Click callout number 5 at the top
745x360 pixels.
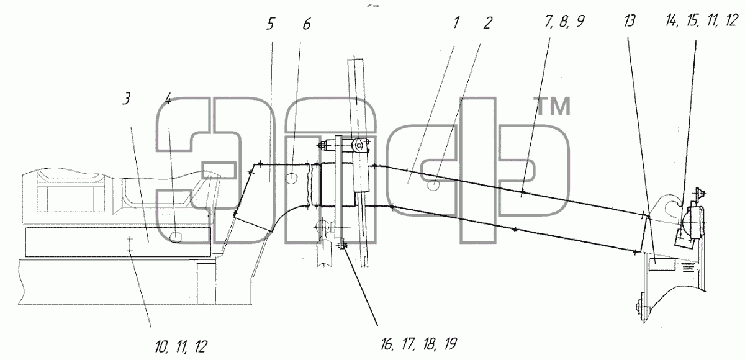(x=270, y=24)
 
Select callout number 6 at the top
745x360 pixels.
(x=307, y=24)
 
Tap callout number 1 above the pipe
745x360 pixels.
(x=456, y=22)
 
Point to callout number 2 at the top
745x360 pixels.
(x=487, y=23)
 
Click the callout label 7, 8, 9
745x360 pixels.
(x=564, y=21)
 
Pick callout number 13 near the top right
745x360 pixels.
(x=630, y=21)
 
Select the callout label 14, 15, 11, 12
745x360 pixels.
(x=702, y=20)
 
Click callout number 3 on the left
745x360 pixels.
(x=127, y=99)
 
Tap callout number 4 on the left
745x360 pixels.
(x=168, y=99)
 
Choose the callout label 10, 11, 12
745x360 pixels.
(x=181, y=347)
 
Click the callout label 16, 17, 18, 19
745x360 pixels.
(x=419, y=344)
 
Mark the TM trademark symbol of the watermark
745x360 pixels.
(x=552, y=106)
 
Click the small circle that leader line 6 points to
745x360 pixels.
(x=291, y=179)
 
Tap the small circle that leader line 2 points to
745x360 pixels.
(x=433, y=185)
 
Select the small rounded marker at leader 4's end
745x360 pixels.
(x=176, y=236)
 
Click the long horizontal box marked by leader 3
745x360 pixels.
(x=118, y=242)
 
